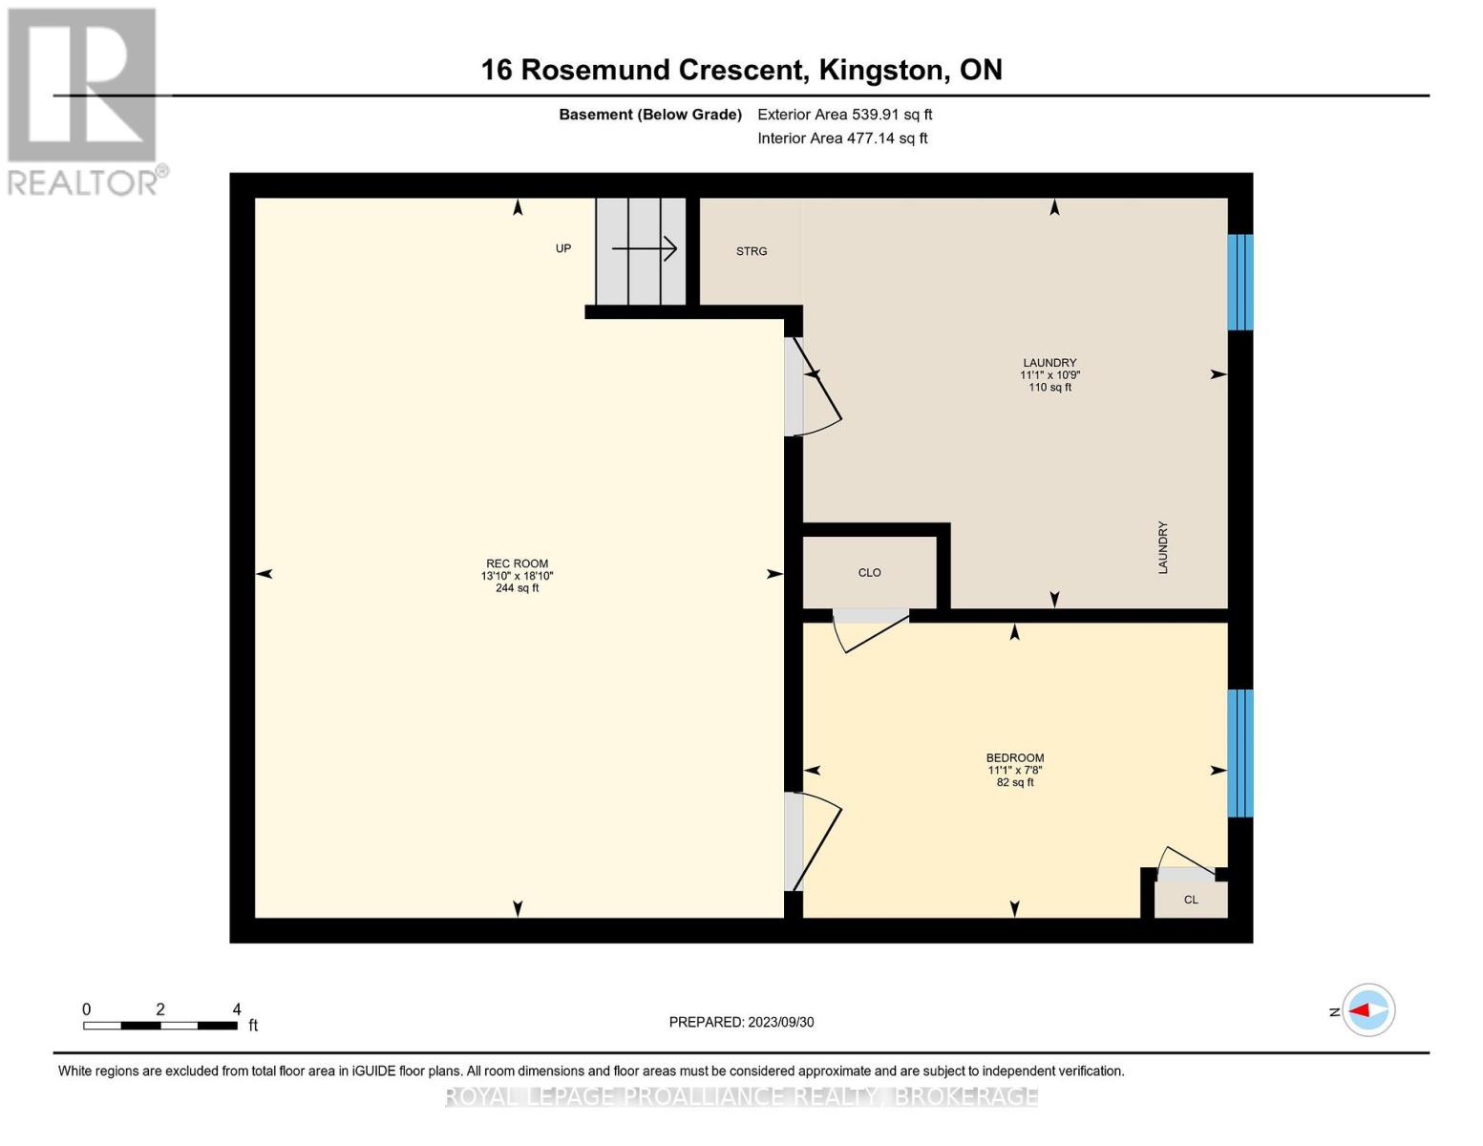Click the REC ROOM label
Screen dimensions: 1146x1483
click(x=517, y=563)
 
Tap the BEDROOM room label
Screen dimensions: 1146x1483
click(x=1014, y=757)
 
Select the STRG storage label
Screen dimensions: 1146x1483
click(x=752, y=251)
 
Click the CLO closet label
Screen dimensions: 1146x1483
click(x=869, y=573)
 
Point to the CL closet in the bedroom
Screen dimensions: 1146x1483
click(x=1190, y=900)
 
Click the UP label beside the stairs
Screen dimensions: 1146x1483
click(x=563, y=248)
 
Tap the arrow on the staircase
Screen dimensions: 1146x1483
click(x=645, y=249)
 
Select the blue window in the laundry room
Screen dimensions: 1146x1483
click(x=1239, y=282)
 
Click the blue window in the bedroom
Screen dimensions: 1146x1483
click(x=1239, y=753)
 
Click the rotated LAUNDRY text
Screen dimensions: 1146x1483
click(x=1162, y=547)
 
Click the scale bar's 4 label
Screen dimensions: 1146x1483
click(x=237, y=1009)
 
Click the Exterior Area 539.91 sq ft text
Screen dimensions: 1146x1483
click(x=844, y=115)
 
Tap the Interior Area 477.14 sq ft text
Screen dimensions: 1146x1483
click(x=842, y=138)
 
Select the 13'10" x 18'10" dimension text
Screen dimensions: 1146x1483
click(x=517, y=576)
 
